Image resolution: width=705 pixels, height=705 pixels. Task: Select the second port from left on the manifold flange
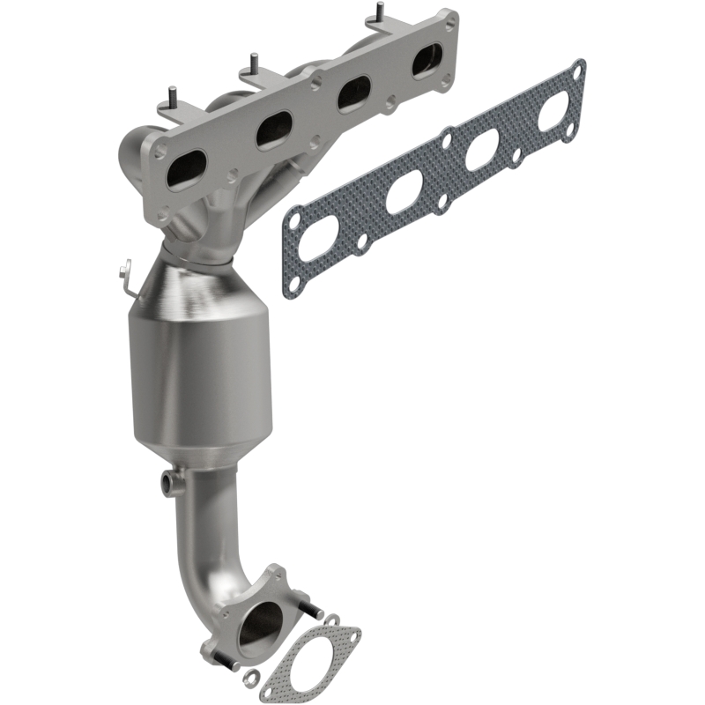point(275,130)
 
